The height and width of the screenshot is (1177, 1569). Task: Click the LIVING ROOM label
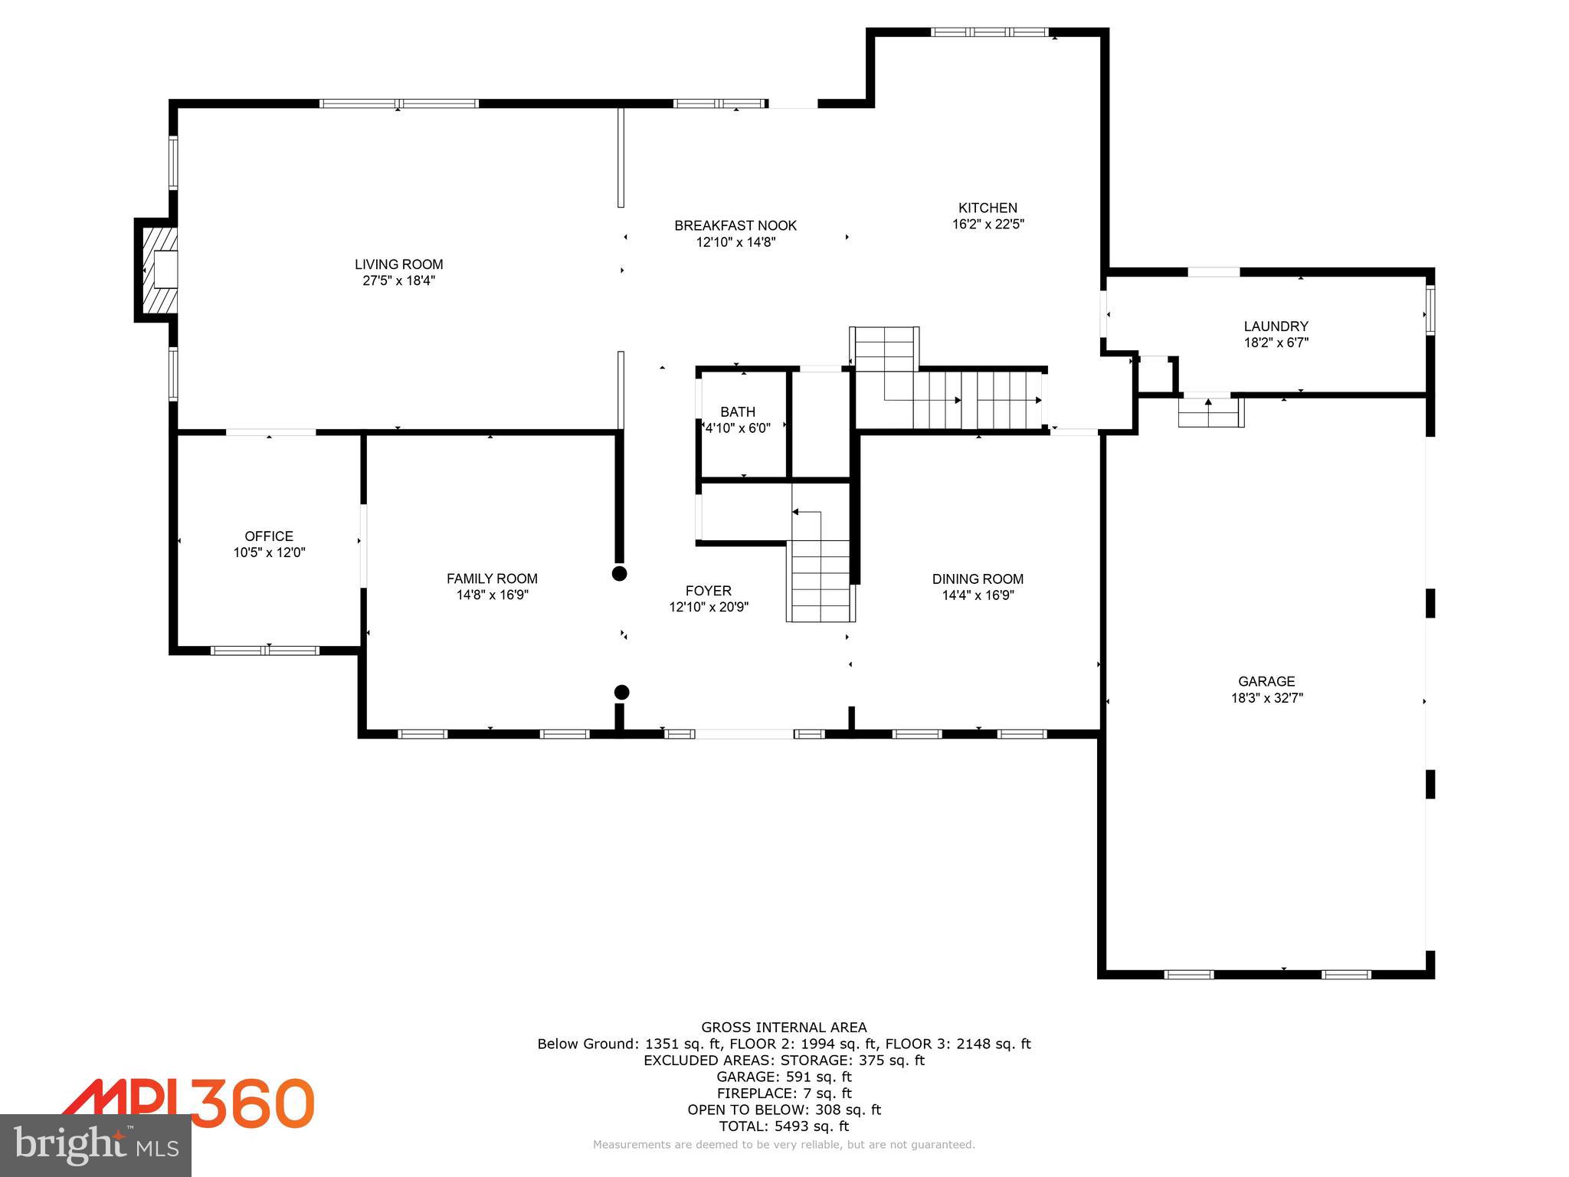click(398, 264)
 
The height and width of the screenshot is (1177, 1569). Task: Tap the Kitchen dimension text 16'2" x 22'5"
click(988, 225)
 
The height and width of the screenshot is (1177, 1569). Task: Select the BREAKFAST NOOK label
click(735, 225)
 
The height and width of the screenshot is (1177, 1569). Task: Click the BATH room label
click(737, 411)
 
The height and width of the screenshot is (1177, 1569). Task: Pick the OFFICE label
click(269, 536)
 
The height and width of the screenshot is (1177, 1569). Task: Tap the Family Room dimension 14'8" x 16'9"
click(492, 595)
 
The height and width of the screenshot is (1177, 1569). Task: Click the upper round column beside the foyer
click(619, 573)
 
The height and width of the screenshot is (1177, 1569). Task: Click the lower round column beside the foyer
click(622, 693)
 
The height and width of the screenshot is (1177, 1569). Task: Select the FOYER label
click(708, 591)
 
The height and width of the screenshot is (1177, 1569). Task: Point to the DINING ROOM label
click(978, 579)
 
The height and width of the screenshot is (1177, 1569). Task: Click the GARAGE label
click(1266, 681)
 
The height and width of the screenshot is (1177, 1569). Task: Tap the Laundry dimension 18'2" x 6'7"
click(1276, 343)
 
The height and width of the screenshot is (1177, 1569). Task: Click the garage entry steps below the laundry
click(1209, 412)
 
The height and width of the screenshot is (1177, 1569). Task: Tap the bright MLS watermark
click(96, 1145)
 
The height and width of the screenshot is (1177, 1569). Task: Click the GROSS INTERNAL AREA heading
click(784, 1028)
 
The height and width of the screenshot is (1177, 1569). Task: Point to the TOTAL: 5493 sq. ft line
click(784, 1126)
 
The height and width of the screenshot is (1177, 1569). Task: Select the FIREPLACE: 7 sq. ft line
click(784, 1093)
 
